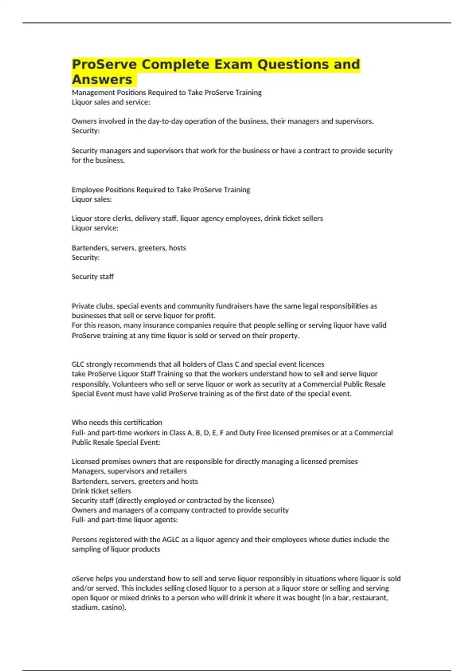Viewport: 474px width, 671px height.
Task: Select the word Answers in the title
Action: click(102, 79)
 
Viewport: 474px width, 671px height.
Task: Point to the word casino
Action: click(114, 607)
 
